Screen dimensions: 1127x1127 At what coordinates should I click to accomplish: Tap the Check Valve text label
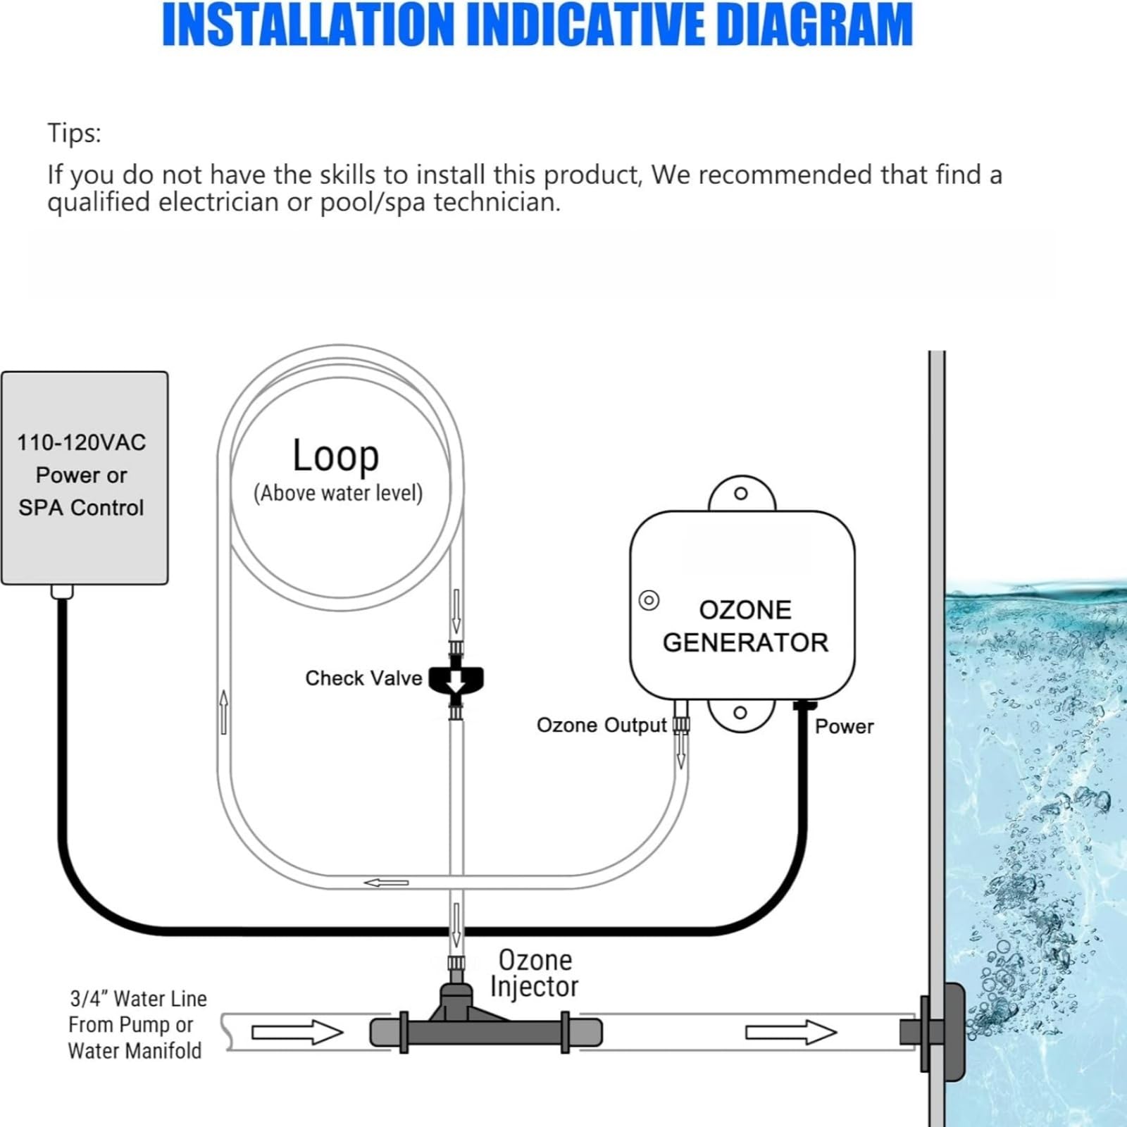[363, 678]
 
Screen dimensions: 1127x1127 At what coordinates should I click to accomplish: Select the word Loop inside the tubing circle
[336, 456]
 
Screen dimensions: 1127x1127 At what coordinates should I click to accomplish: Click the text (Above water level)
[338, 493]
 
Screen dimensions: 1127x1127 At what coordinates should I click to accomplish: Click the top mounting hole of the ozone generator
[741, 493]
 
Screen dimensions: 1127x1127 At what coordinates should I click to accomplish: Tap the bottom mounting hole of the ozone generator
[740, 713]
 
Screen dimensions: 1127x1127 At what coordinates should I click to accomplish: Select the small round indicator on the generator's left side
[649, 600]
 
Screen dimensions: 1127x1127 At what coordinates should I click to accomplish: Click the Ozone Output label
[602, 726]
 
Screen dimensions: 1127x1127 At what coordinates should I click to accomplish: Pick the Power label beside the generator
[844, 727]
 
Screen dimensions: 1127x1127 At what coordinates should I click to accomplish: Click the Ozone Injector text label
[534, 973]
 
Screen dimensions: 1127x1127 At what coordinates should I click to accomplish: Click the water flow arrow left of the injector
[297, 1033]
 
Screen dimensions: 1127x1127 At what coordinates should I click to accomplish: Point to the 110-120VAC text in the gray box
[82, 442]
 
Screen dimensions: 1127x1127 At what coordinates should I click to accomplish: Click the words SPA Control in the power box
[81, 508]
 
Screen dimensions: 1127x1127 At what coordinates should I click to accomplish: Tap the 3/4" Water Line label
[139, 999]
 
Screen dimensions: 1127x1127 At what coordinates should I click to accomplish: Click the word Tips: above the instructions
[74, 133]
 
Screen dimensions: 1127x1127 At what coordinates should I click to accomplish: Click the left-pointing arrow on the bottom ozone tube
[386, 883]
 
